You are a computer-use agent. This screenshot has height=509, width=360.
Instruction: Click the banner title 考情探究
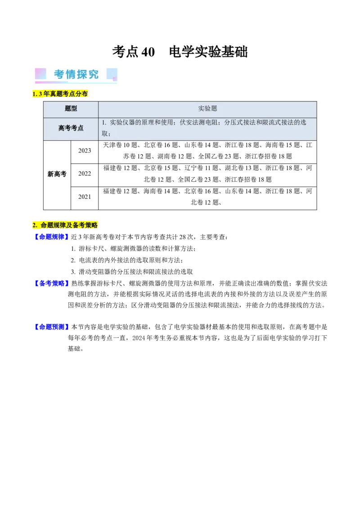(x=76, y=74)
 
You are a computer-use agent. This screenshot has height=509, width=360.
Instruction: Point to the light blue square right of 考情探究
(x=112, y=74)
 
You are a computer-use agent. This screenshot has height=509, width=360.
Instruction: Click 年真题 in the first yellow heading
(x=53, y=94)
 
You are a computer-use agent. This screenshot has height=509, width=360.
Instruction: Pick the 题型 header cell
(x=71, y=109)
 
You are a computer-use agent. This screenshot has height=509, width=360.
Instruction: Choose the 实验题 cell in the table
(x=207, y=109)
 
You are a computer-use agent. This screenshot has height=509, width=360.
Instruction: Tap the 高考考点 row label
(x=71, y=128)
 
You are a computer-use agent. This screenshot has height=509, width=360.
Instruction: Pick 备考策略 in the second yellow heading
(x=85, y=225)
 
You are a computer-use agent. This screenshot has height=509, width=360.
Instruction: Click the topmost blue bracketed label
(x=51, y=237)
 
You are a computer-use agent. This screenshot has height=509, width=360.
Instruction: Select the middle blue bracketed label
(x=51, y=283)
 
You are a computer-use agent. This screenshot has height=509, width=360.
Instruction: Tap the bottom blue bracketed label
(x=51, y=327)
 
